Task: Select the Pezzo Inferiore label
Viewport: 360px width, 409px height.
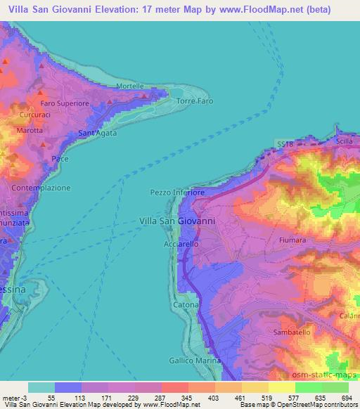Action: tap(177, 192)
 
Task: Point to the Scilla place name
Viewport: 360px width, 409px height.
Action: tap(344, 141)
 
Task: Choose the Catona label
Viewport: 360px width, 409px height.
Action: tap(186, 306)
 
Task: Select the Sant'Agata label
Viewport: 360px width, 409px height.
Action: tap(97, 134)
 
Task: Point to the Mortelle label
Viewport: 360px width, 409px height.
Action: tap(130, 87)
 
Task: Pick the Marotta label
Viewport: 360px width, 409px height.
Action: tap(30, 130)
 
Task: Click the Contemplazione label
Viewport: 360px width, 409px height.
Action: tap(42, 188)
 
